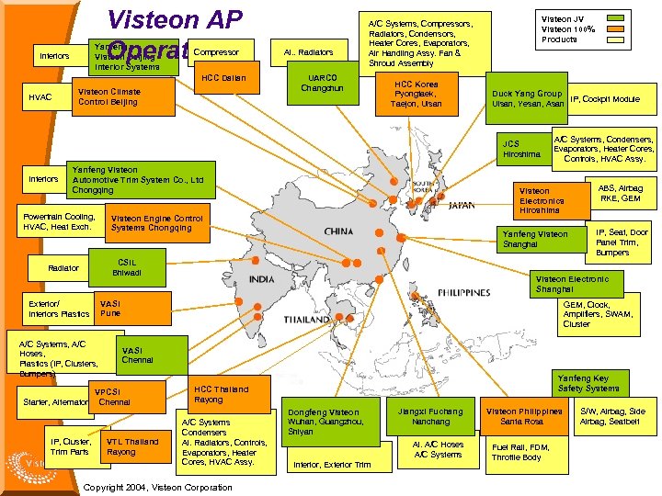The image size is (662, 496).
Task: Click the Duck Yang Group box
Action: point(528,98)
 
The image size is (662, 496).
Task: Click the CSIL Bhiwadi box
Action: point(126,266)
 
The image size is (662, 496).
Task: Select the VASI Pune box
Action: point(131,308)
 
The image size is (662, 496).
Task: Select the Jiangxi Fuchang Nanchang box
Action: point(431,416)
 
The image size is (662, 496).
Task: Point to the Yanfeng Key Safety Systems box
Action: point(588,383)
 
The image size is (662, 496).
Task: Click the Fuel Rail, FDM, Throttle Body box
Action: point(521,451)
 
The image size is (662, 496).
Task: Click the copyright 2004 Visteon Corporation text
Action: point(157,487)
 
